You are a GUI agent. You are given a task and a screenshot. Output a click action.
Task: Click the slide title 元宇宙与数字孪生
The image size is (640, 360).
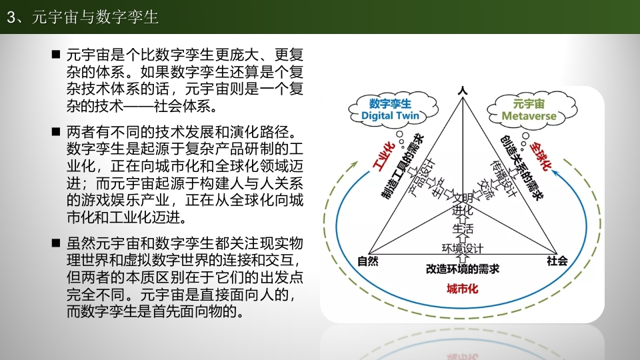[95, 17]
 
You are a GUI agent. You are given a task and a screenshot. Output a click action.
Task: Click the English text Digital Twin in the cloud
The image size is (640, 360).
[390, 115]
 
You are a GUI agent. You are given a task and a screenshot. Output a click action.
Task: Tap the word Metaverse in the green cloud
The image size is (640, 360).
[529, 116]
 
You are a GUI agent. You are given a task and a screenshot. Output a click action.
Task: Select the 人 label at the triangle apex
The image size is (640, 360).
[463, 90]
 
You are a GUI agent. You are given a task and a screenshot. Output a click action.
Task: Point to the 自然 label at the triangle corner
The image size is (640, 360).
[368, 261]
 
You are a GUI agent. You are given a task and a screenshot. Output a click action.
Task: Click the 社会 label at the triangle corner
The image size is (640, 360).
[557, 261]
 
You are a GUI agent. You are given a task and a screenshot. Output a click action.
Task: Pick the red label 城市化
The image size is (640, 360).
[462, 289]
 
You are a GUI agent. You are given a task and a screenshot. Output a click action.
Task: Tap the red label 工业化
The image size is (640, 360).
[384, 156]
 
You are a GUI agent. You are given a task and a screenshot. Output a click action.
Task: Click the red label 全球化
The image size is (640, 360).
[541, 156]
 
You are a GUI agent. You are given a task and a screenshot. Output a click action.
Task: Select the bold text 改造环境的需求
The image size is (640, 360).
[463, 269]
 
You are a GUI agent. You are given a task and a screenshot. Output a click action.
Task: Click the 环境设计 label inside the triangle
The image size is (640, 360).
[463, 248]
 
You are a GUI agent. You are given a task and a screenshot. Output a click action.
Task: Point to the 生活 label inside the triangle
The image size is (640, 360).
[463, 228]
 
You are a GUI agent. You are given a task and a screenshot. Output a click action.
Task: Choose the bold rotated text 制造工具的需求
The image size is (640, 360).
[403, 167]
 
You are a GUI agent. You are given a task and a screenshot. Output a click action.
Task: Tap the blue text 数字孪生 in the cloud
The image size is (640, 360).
[390, 104]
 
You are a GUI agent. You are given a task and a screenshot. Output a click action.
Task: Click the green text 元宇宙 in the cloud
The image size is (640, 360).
[529, 104]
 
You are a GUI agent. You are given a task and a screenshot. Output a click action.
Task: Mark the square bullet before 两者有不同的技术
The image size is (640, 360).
[56, 131]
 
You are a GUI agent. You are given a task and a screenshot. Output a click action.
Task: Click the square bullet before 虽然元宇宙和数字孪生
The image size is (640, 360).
[56, 243]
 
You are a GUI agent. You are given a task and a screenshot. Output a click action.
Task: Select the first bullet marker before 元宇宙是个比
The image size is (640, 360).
[56, 54]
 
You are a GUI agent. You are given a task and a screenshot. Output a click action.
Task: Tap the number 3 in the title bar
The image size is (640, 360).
[11, 17]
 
